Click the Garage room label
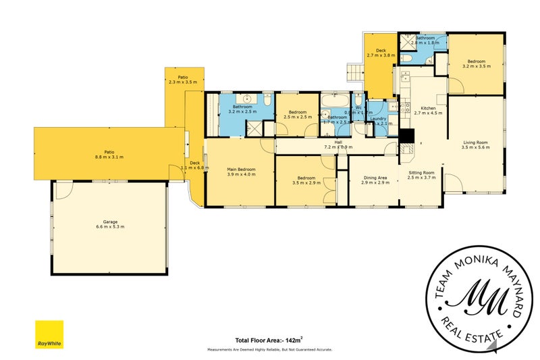tap(109, 222)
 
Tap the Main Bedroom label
tap(241, 169)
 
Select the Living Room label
tap(475, 143)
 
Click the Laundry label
tap(379, 119)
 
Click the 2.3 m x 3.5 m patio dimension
tap(183, 82)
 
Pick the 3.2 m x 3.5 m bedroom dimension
tap(475, 66)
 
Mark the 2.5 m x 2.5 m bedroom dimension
tap(298, 117)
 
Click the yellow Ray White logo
tap(49, 334)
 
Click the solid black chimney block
tap(407, 136)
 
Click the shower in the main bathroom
tap(254, 129)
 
